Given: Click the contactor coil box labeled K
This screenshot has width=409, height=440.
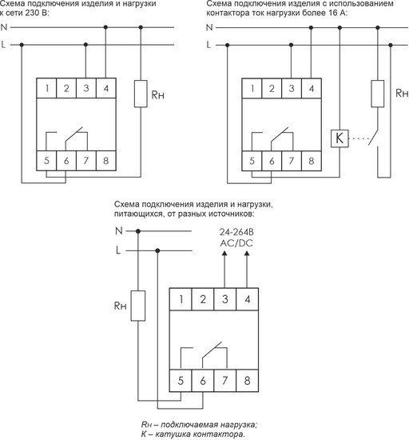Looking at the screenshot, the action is [x=340, y=138].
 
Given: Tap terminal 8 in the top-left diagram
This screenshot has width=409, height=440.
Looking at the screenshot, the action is [x=106, y=161].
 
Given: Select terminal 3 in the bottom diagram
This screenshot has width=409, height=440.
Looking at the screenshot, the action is [x=225, y=299].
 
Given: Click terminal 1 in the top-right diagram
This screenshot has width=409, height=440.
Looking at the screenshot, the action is [x=252, y=88].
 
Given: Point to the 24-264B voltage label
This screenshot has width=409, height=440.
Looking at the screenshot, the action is [x=236, y=232].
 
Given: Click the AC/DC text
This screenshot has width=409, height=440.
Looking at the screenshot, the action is [x=236, y=243].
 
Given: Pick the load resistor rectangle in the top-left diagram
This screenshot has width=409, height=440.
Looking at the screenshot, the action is [x=141, y=94].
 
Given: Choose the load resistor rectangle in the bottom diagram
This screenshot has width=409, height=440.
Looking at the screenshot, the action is [x=138, y=306].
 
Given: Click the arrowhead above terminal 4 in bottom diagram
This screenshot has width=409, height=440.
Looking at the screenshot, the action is [x=247, y=254].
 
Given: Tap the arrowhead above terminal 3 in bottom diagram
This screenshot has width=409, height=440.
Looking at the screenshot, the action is [x=224, y=254].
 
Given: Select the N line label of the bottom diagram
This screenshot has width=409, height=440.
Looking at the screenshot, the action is [x=119, y=230].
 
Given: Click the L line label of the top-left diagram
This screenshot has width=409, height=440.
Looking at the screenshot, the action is [x=3, y=44].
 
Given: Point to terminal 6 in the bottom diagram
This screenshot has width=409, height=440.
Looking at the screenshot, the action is [x=203, y=381].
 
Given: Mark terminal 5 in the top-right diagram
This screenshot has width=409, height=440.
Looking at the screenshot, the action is [x=252, y=161].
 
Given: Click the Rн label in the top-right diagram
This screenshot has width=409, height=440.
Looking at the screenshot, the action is [x=402, y=93].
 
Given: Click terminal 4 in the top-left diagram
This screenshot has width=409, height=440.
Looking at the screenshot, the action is [x=106, y=88].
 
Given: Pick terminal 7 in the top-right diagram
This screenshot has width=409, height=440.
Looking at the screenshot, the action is [x=292, y=161].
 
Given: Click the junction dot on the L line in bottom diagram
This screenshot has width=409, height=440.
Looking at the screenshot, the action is [x=157, y=250].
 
